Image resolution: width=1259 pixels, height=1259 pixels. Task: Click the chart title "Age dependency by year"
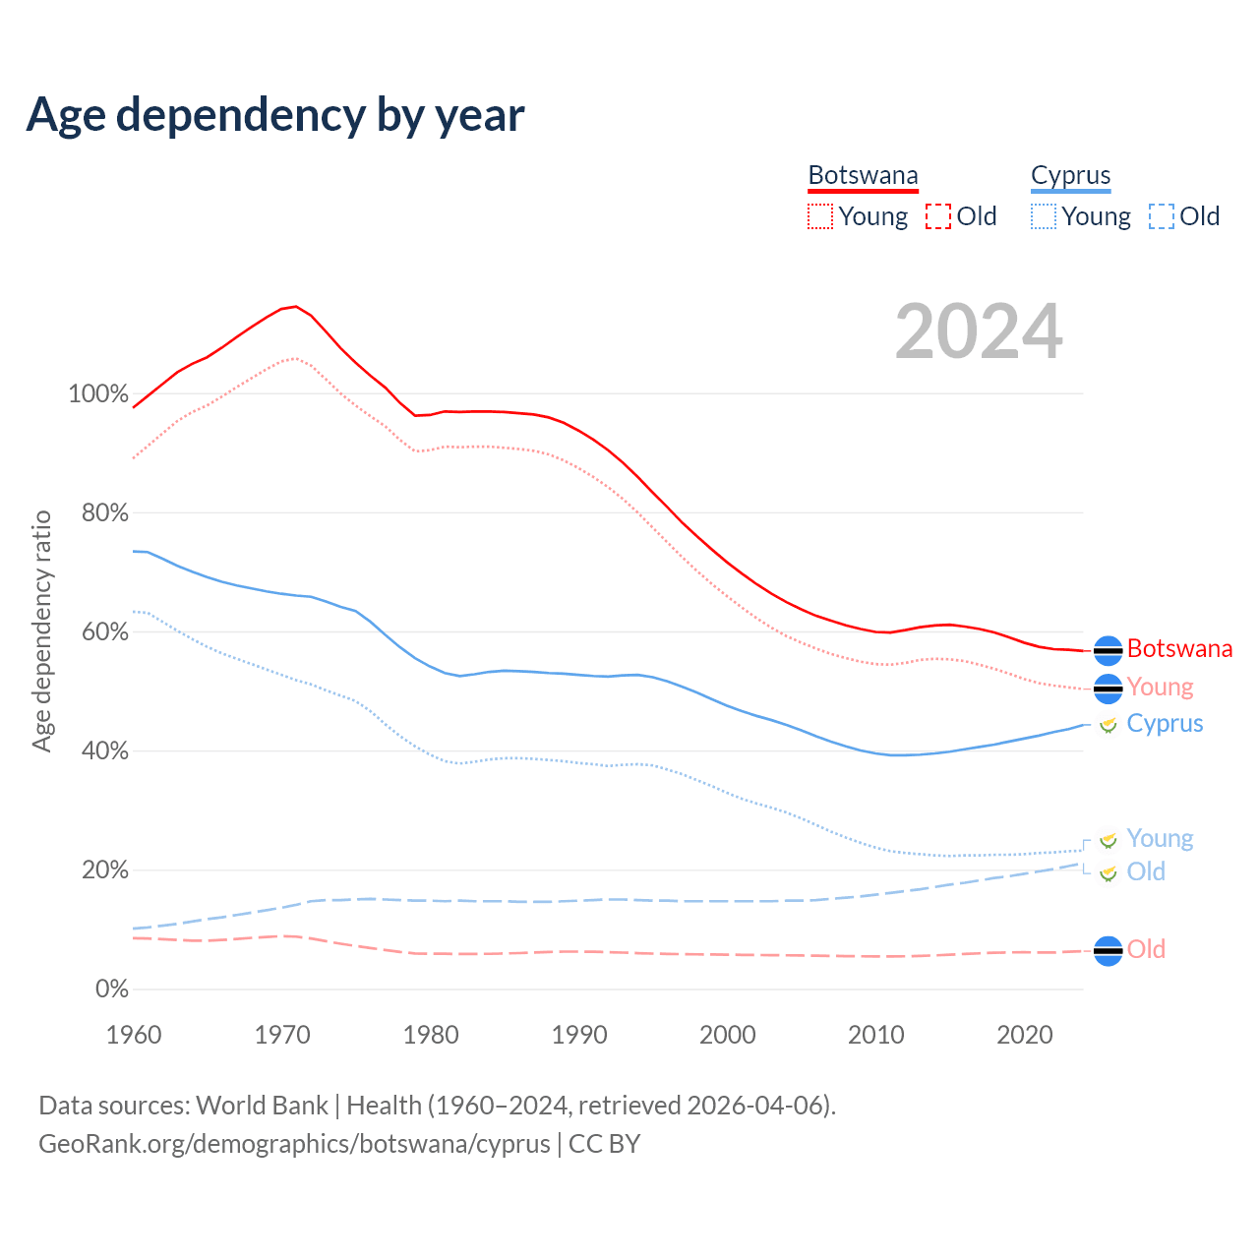point(275,114)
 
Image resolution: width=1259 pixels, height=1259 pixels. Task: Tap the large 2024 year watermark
point(979,331)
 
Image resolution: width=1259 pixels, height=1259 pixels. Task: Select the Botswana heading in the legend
point(863,175)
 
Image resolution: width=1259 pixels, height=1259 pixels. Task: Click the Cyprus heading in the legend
point(1070,175)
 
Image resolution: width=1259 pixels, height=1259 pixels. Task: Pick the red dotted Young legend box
point(819,216)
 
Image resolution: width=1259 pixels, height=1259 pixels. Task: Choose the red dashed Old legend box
point(938,216)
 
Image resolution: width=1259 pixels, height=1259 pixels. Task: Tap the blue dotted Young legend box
point(1044,216)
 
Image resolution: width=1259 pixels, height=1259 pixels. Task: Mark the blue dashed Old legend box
point(1162,216)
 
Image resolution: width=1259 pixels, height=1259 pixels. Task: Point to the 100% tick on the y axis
point(97,394)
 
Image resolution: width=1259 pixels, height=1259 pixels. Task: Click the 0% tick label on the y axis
point(111,989)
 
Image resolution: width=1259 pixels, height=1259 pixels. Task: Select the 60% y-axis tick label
point(104,632)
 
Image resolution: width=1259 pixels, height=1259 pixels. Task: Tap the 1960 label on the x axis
point(134,1035)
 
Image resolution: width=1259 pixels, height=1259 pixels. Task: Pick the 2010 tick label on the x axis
point(876,1035)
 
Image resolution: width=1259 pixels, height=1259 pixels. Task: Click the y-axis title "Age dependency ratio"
point(41,630)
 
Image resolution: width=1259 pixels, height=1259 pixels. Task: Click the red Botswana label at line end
point(1179,649)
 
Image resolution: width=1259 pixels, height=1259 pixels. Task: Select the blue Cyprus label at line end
point(1165,724)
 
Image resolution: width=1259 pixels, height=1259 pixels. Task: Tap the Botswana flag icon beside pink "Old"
point(1108,951)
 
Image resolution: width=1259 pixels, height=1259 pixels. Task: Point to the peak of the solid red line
point(295,306)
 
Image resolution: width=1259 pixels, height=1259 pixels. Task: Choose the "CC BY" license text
point(604,1144)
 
